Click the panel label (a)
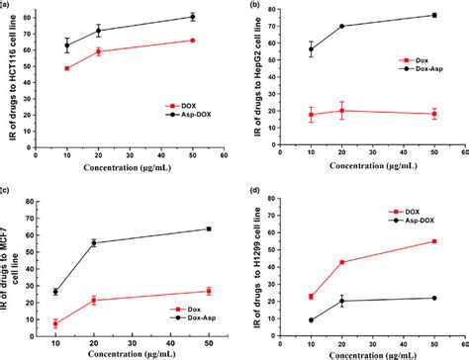click(x=6, y=5)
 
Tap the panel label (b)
click(x=256, y=6)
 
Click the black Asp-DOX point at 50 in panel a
click(x=192, y=17)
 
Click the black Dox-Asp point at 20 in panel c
click(x=94, y=242)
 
